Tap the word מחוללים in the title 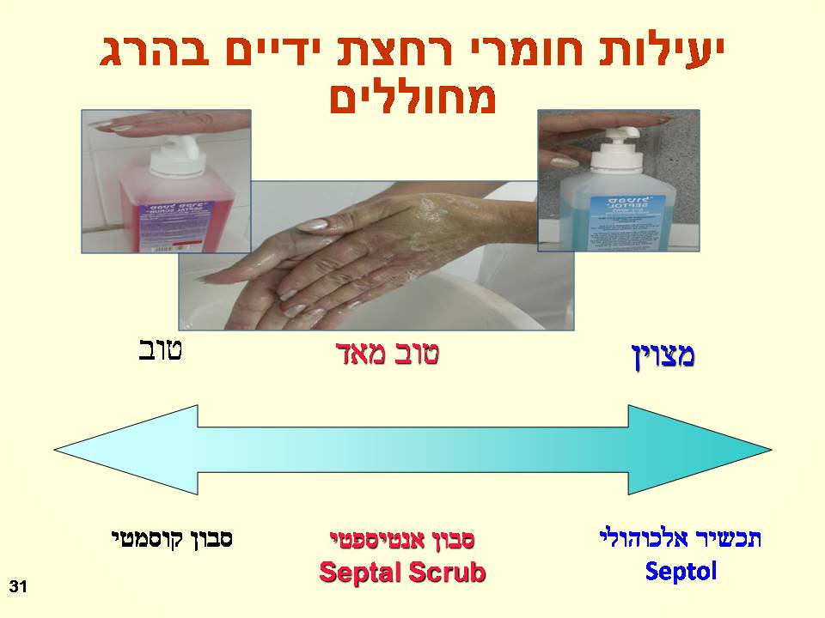tap(412, 97)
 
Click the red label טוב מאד tap(387, 354)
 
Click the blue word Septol tap(681, 571)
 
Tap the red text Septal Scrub tap(402, 573)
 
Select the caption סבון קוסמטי tap(173, 540)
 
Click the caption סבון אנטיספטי tap(402, 540)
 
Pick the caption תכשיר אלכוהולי tap(681, 539)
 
